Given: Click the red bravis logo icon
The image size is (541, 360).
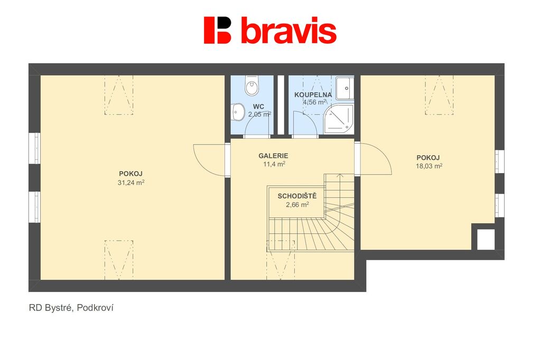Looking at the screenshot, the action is tap(217, 30).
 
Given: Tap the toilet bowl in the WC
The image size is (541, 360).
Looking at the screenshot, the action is tap(251, 86).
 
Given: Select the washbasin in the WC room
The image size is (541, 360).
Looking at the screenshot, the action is tap(238, 112).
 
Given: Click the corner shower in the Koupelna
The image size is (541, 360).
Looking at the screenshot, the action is tap(339, 119).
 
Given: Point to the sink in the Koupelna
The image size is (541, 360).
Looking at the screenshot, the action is tap(345, 88).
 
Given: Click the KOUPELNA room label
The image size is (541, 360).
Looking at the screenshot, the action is tap(313, 94).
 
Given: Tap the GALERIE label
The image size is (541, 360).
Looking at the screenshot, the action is tap(273, 156).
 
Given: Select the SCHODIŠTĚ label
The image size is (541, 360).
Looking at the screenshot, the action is tap(297, 196).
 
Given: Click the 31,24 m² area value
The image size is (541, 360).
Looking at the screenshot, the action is tap(131, 183).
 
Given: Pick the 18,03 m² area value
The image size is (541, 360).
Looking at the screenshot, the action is tap(429, 166).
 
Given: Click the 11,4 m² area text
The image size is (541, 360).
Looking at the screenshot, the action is tap(274, 164).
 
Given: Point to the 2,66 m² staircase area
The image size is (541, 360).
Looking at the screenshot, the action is tap(297, 204).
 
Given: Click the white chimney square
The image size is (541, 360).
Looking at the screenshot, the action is tap(486, 239).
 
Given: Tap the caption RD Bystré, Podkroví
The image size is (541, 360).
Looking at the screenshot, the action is tap(71, 308).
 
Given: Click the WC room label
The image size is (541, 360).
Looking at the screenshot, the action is tap(258, 107).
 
